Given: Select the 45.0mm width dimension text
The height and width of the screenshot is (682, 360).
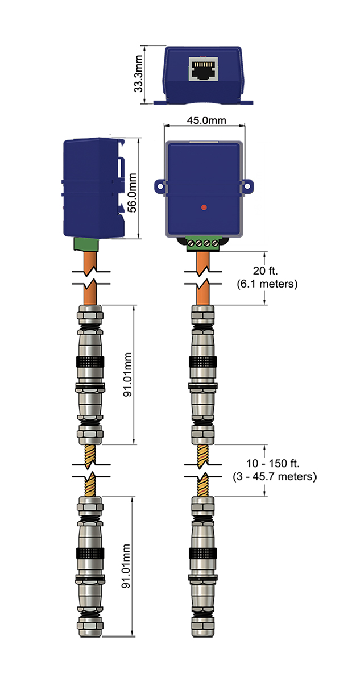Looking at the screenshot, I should click(x=204, y=120).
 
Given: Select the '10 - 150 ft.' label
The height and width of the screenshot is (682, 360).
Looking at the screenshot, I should click(x=274, y=464).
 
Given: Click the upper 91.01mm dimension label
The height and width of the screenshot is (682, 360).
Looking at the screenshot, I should click(x=129, y=375).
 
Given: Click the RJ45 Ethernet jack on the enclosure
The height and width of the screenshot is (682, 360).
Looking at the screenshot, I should click(x=204, y=70).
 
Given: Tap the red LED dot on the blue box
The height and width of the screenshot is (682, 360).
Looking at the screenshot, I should click(x=204, y=208).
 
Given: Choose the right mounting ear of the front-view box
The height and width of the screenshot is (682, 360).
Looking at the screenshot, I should click(x=248, y=185).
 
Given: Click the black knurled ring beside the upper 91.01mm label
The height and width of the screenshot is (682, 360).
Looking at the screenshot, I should click(x=89, y=361).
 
